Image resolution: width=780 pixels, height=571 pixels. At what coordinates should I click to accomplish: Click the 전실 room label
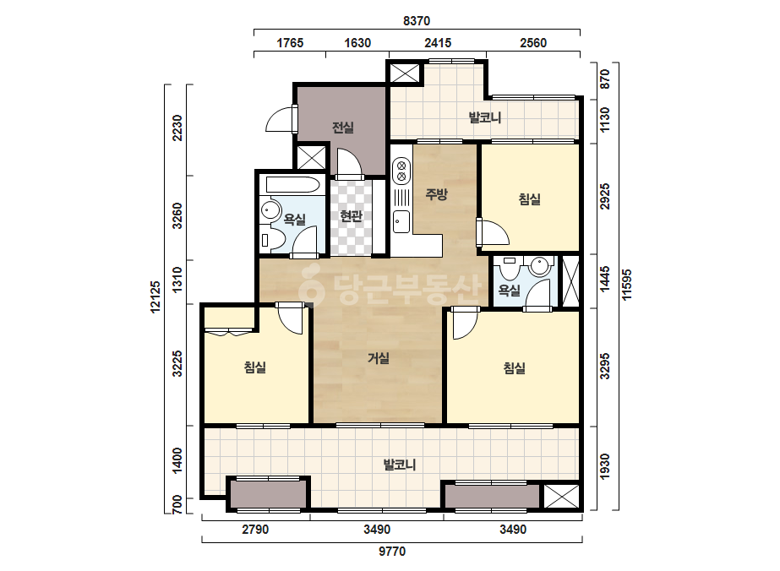pyautogui.click(x=343, y=128)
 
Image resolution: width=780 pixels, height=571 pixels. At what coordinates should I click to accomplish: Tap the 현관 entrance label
pyautogui.click(x=351, y=216)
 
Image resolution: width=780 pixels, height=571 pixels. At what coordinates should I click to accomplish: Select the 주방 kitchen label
pyautogui.click(x=436, y=193)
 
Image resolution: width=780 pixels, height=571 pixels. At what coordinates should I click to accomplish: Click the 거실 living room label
pyautogui.click(x=379, y=357)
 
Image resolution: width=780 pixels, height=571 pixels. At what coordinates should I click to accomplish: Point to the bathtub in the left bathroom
pyautogui.click(x=292, y=184)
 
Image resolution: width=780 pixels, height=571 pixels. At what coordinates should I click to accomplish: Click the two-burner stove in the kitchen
pyautogui.click(x=401, y=170)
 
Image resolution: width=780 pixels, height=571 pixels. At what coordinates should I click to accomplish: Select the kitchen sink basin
pyautogui.click(x=401, y=221)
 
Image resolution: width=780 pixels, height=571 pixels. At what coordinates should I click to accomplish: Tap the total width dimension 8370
pyautogui.click(x=417, y=21)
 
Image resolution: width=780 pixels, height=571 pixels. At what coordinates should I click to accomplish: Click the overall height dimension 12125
pyautogui.click(x=155, y=297)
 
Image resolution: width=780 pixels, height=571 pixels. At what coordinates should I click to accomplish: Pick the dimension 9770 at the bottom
pyautogui.click(x=392, y=551)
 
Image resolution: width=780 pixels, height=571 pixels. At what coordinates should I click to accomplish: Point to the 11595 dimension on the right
pyautogui.click(x=627, y=285)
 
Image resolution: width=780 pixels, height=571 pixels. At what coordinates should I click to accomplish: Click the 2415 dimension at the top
pyautogui.click(x=438, y=43)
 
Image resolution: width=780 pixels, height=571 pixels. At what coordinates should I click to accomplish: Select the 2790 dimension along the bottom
pyautogui.click(x=255, y=530)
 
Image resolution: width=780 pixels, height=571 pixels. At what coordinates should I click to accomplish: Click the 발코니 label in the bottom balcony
pyautogui.click(x=400, y=465)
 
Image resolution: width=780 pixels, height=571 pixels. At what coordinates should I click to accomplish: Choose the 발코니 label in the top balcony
pyautogui.click(x=485, y=118)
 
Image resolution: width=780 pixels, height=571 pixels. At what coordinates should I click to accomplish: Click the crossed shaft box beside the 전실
pyautogui.click(x=311, y=158)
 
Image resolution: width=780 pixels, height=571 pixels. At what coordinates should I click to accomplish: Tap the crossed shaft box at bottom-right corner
pyautogui.click(x=561, y=497)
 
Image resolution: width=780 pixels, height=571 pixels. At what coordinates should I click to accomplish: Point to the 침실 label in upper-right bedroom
pyautogui.click(x=529, y=199)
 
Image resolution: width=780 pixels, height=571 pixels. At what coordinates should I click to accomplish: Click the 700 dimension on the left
pyautogui.click(x=177, y=505)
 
